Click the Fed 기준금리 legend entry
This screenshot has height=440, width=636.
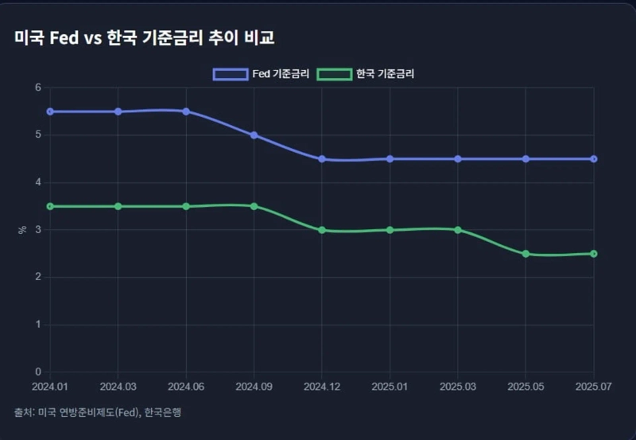(x=261, y=74)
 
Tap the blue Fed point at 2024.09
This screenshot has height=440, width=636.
(x=254, y=135)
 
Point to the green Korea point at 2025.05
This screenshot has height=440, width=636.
(x=525, y=254)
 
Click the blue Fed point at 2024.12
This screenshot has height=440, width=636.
(x=322, y=159)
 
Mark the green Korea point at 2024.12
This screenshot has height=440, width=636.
(x=322, y=230)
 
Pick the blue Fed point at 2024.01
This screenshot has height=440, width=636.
(x=50, y=111)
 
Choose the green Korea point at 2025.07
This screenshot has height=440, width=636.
(x=593, y=254)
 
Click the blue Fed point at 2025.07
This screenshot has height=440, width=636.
(x=593, y=159)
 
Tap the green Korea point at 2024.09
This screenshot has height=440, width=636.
(x=254, y=206)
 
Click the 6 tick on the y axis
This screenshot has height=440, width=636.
(x=37, y=88)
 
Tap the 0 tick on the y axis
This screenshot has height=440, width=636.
(x=37, y=372)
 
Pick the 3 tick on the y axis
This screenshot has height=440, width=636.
(x=37, y=230)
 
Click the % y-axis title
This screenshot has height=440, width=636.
(x=21, y=230)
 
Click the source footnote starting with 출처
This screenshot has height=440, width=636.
(x=103, y=412)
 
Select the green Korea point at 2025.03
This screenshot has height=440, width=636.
(x=458, y=230)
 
